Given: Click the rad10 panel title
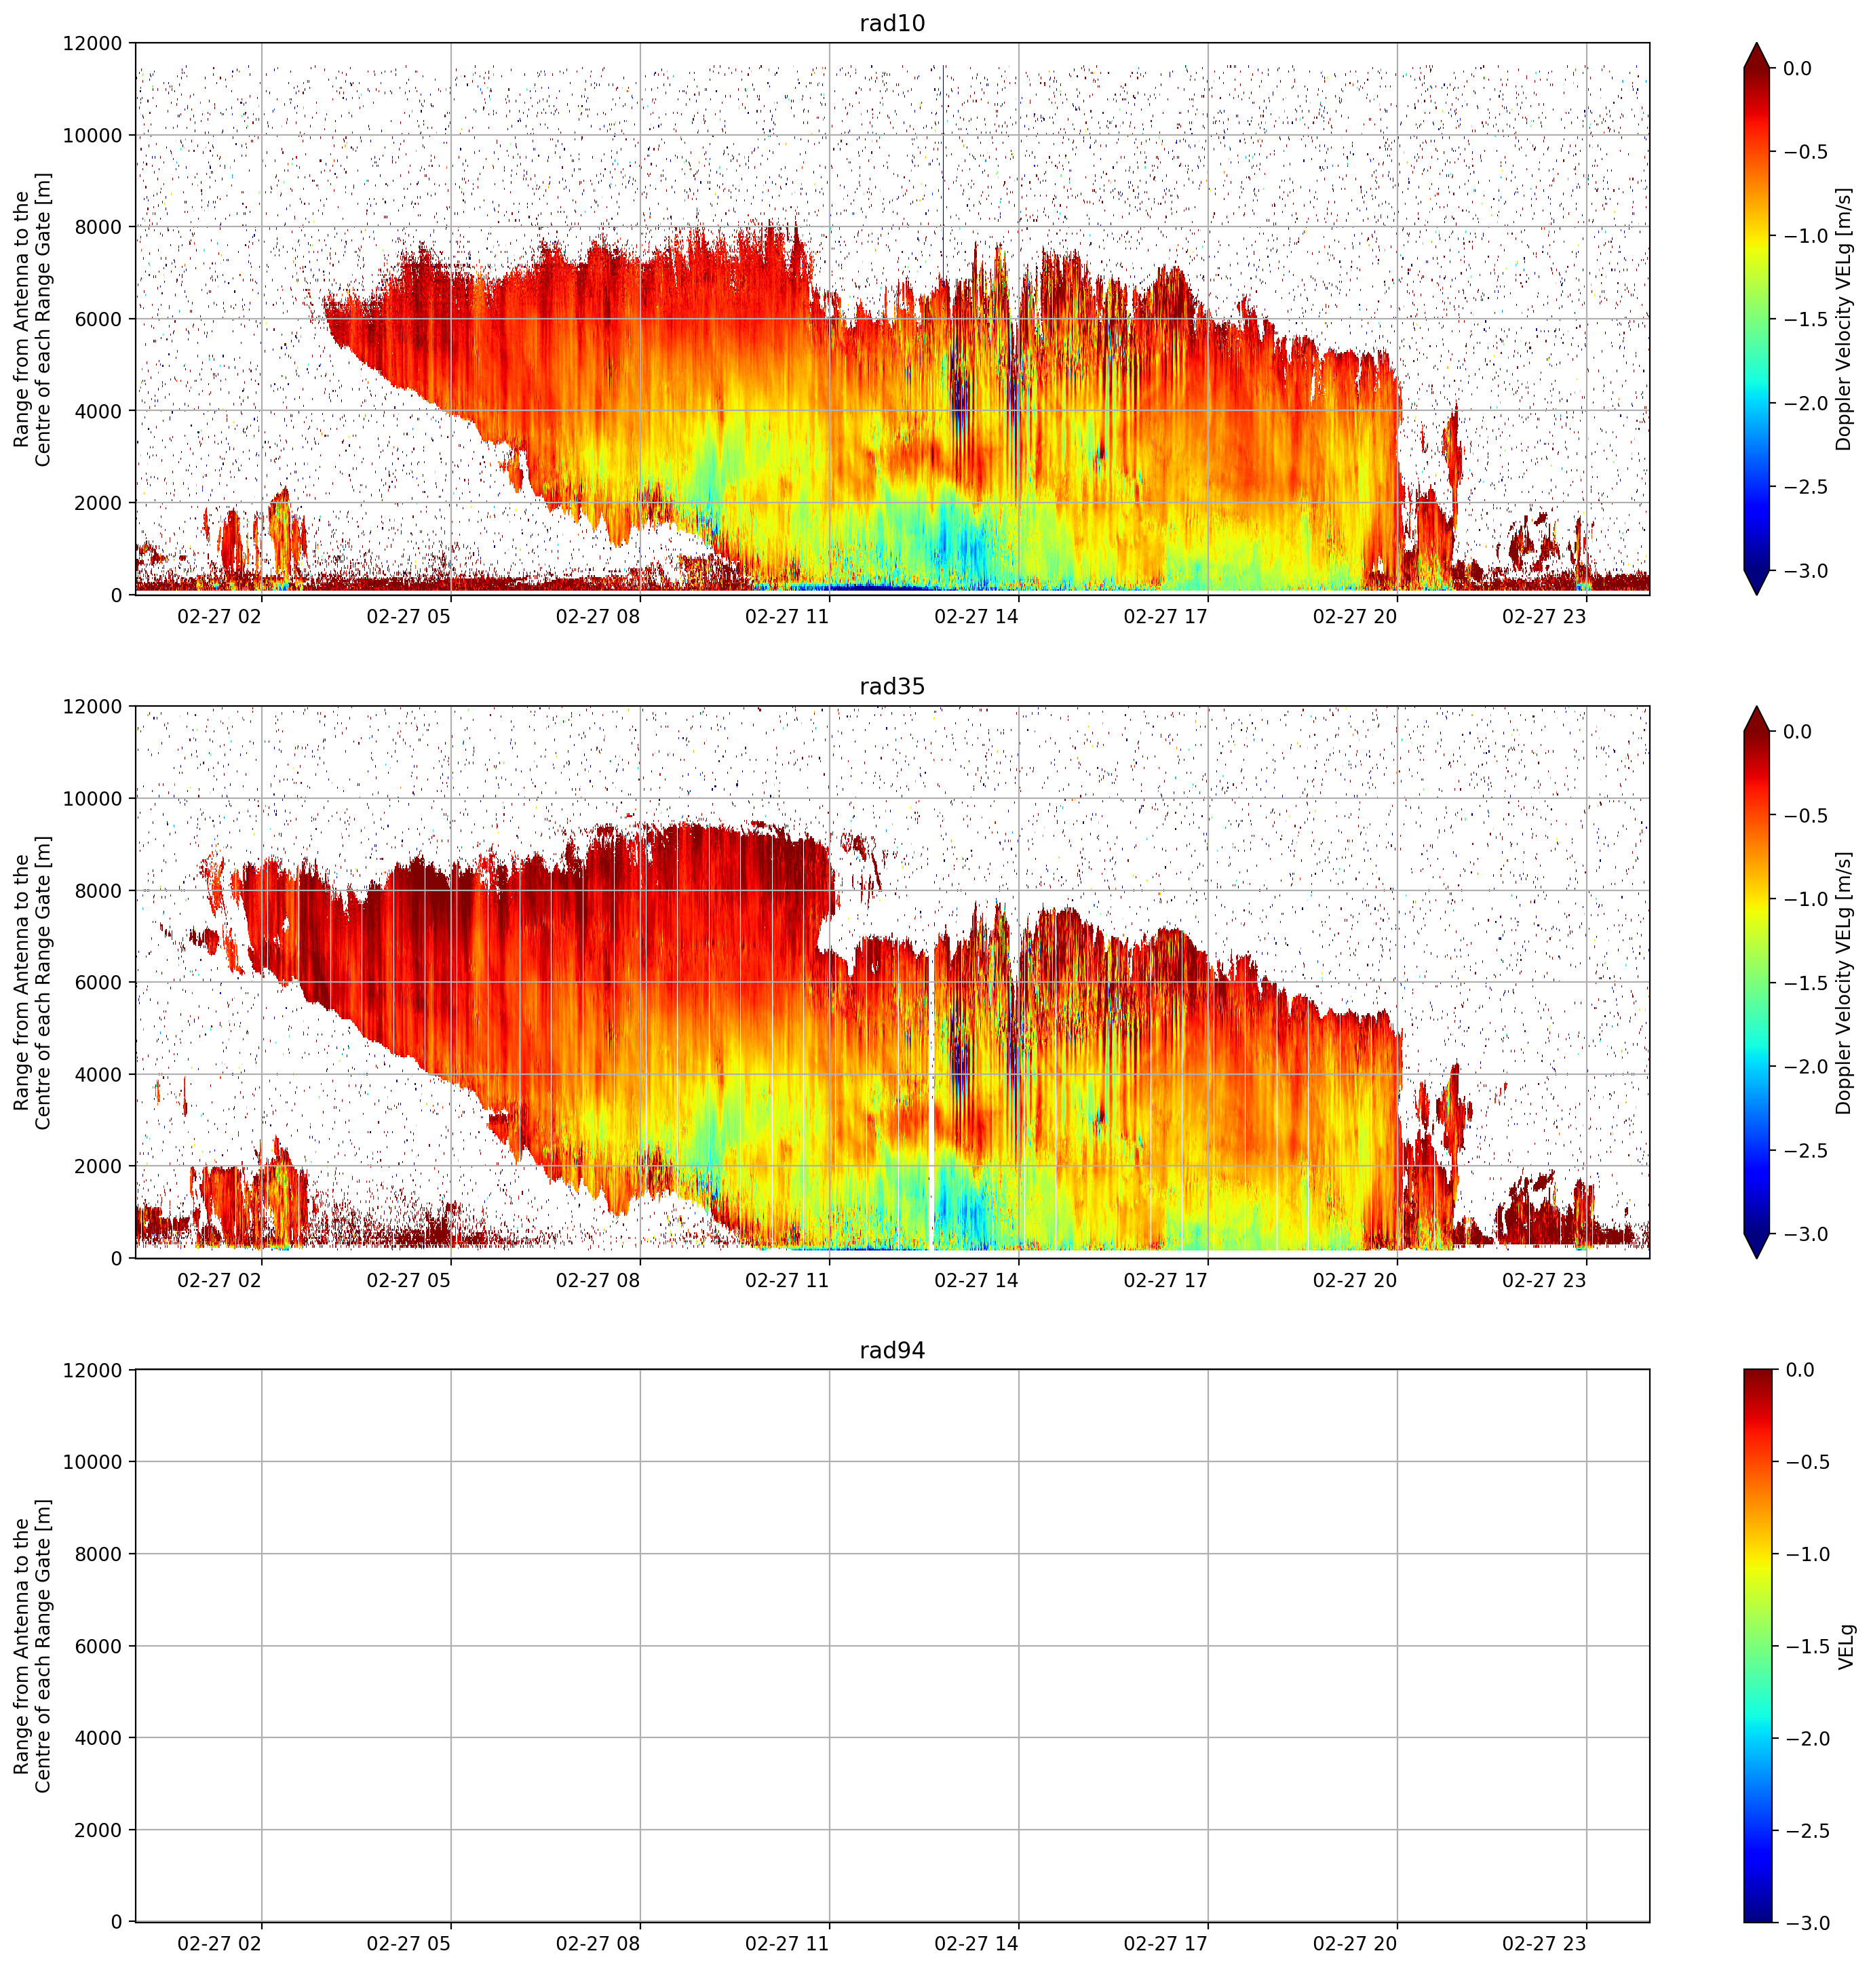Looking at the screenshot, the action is coord(891,24).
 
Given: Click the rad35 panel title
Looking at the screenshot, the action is coord(891,687).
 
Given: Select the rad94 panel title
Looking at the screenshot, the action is coord(891,1351).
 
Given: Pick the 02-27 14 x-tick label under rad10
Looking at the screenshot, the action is coord(976,616).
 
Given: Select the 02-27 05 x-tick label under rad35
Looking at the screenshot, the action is coord(409,1279).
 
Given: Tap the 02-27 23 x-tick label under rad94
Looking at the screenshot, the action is coord(1544,1943).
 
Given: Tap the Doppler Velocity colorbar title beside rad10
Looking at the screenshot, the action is coord(1844,319).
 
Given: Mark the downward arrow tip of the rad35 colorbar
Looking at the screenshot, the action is coord(1756,1257).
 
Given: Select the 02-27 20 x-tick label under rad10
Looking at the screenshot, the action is coord(1354,616).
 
